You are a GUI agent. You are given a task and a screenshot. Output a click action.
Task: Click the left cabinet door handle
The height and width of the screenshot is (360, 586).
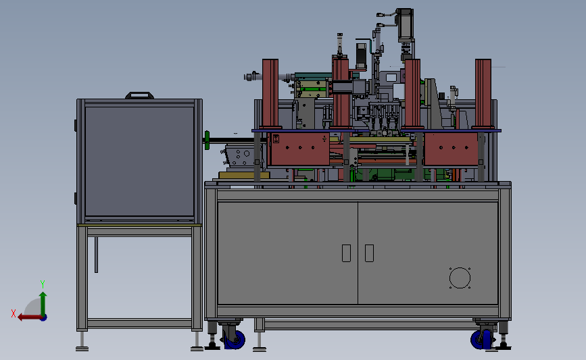[x=347, y=253]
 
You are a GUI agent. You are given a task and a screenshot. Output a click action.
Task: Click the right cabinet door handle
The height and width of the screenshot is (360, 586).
[x=369, y=253]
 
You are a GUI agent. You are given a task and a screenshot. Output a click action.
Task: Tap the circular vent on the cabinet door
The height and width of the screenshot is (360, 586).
[x=460, y=278]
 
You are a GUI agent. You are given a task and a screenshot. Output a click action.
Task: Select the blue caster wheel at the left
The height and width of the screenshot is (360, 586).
[x=235, y=339]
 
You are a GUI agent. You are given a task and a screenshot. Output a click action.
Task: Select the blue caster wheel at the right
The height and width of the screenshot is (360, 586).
[x=481, y=339]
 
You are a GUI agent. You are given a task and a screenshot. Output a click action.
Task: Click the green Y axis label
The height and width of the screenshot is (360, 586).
[x=43, y=284]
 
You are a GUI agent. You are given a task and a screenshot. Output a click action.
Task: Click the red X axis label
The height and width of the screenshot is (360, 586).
[x=14, y=313]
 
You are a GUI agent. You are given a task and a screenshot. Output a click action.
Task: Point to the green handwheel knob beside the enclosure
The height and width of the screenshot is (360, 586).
[x=207, y=140]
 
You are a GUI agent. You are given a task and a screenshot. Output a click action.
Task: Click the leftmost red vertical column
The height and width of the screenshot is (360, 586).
[x=270, y=93]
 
